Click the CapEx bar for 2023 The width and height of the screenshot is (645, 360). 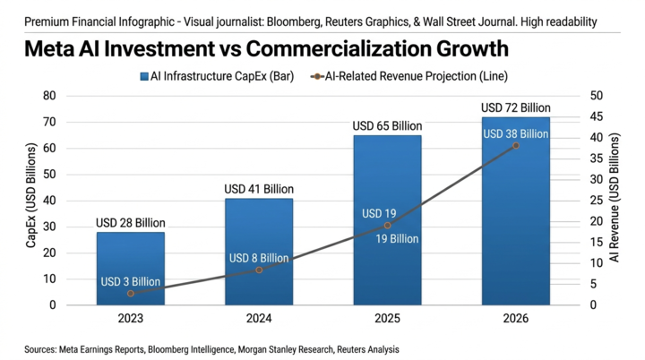pos(131,269)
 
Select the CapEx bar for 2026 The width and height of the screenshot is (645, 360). pos(516,211)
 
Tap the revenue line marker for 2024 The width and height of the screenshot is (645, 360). pos(259,270)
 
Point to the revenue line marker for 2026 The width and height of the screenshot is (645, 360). pos(516,146)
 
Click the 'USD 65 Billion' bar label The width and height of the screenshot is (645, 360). pos(387,126)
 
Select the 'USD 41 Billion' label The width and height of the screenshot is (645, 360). pos(259,189)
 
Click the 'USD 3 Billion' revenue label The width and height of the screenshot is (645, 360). pos(131,282)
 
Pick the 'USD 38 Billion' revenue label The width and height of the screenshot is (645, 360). pos(515,134)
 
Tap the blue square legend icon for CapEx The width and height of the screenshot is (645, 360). pos(144,76)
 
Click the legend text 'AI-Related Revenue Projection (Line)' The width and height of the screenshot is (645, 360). pos(417,76)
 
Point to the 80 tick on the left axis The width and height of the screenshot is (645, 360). pos(49,96)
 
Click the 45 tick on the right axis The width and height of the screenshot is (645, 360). pos(596,116)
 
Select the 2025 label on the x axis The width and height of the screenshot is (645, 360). pos(387,319)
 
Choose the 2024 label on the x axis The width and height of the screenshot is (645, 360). pos(259,319)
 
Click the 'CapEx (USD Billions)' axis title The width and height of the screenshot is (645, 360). pos(31,195)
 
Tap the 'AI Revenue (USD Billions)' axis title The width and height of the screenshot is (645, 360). pos(614,198)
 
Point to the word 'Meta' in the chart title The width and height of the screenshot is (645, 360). pos(49,48)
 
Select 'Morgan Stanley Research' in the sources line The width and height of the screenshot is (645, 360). pos(286,350)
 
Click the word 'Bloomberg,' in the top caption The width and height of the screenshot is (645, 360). pos(294,21)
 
